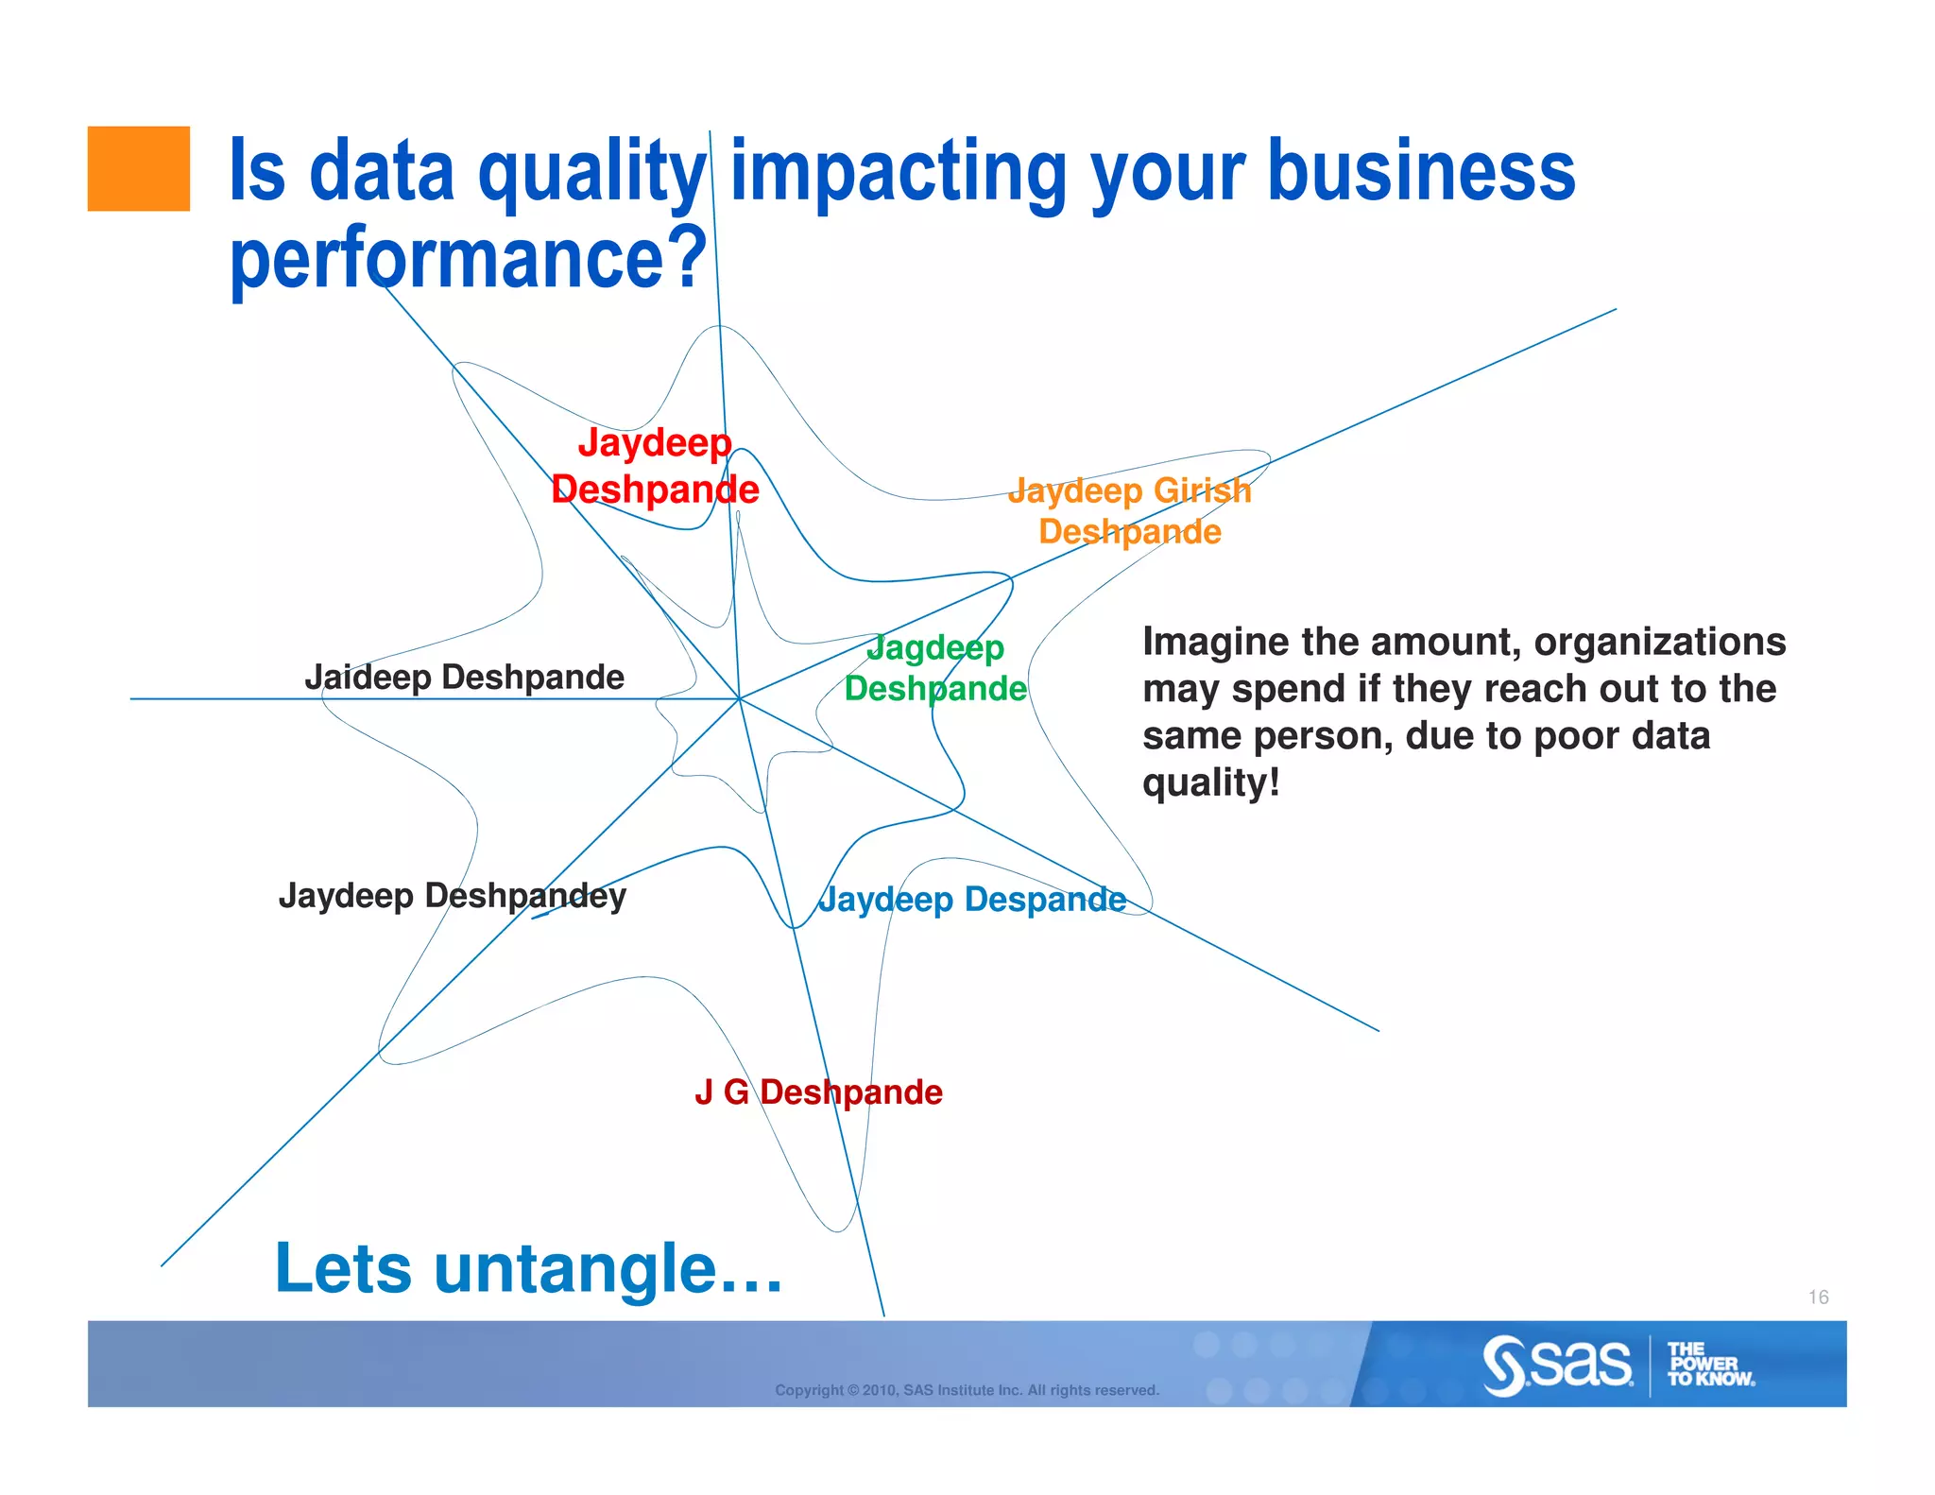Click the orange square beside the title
138,168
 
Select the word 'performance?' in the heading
468,257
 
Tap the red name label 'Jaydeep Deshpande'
655,466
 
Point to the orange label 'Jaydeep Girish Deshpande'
1129,511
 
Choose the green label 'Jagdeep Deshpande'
934,668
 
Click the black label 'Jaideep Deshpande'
464,677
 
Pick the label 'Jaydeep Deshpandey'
452,895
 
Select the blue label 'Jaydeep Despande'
972,899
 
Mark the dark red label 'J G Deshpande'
818,1091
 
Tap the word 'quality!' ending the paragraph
1210,782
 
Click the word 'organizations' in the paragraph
1659,642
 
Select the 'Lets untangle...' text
528,1268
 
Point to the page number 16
1818,1297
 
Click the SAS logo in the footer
1557,1365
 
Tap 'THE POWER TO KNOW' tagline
1708,1365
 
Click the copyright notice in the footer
967,1390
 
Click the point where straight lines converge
739,698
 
